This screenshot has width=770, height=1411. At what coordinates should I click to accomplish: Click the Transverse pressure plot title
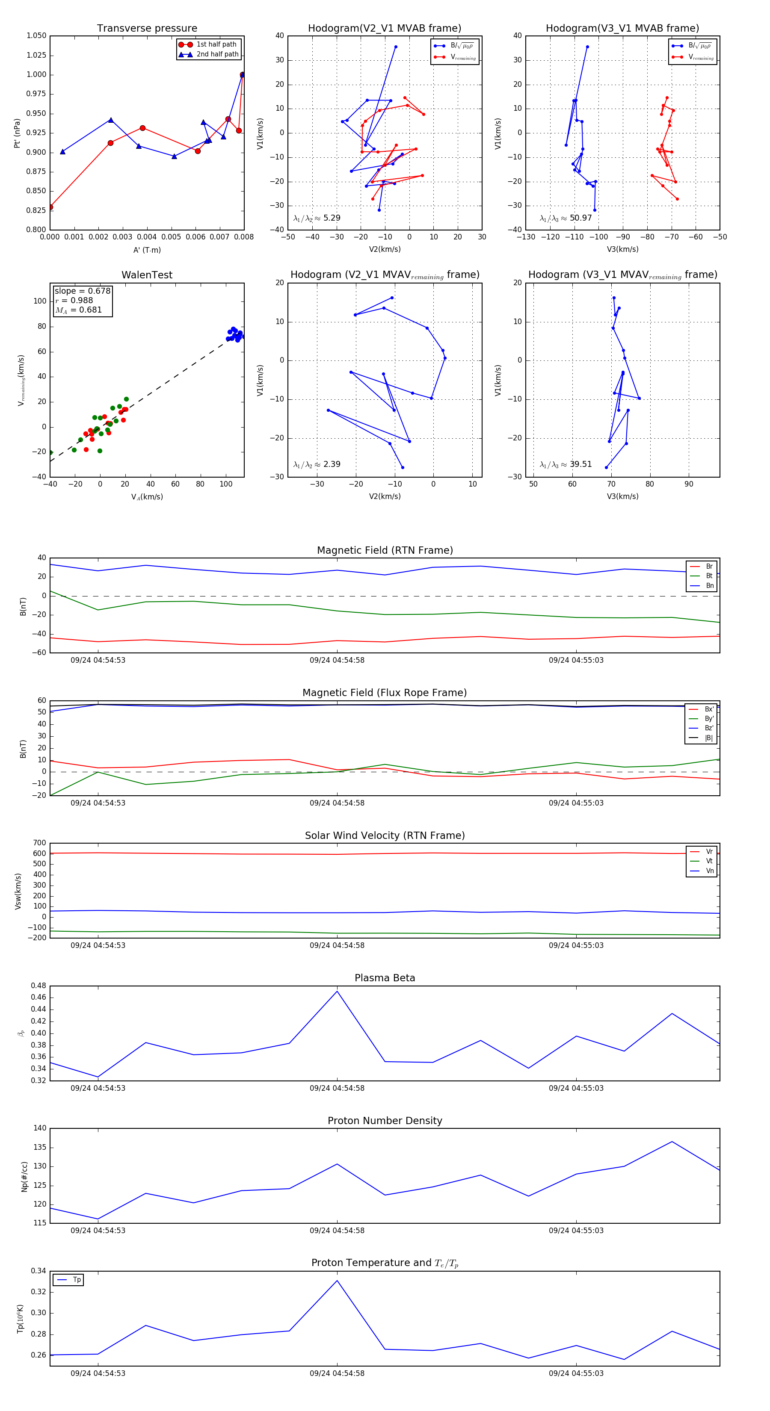[147, 29]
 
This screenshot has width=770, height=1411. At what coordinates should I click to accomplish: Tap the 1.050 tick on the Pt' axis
[36, 35]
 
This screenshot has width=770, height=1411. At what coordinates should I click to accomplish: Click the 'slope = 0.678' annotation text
[82, 291]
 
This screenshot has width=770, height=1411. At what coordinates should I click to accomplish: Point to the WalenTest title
[147, 275]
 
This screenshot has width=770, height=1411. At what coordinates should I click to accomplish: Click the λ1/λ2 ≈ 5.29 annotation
[317, 218]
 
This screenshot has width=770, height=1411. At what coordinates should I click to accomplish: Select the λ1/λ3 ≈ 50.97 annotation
[566, 218]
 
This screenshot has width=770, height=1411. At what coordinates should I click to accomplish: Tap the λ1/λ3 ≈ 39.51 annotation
[566, 464]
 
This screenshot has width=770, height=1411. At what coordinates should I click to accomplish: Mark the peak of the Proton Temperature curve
[337, 1281]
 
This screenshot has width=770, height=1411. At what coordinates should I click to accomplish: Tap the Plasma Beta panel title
[385, 978]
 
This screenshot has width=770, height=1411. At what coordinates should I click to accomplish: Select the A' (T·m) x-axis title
[147, 250]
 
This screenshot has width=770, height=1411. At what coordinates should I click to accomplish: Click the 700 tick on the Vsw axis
[39, 843]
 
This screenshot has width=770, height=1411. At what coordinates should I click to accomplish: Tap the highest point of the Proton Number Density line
[672, 1142]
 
